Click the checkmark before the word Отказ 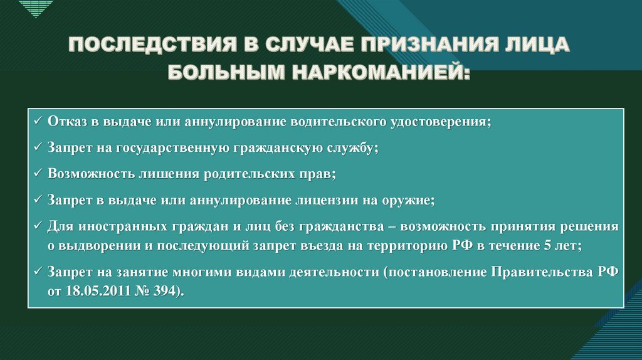tap(38, 121)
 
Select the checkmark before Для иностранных tap(38, 226)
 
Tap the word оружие tap(408, 200)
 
